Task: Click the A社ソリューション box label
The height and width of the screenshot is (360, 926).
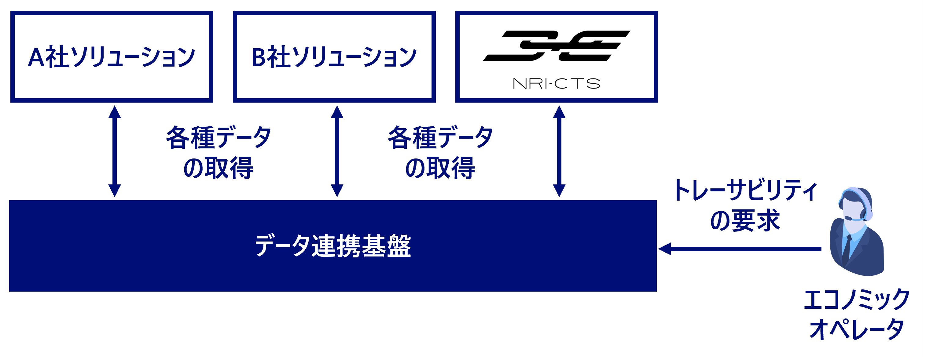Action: (112, 57)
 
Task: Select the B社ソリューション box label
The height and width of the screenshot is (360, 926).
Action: (334, 57)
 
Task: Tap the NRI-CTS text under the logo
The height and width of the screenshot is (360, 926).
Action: (556, 84)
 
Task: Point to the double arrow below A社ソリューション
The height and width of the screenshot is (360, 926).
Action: (115, 151)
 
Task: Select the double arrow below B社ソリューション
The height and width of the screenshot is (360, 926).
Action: (337, 151)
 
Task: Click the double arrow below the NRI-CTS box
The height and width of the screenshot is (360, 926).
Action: (559, 151)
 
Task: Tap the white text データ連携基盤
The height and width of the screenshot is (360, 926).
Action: (333, 246)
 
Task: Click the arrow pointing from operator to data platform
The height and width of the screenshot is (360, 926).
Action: (740, 249)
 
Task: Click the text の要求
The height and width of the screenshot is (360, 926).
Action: (745, 220)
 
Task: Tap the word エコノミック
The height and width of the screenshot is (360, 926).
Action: (857, 300)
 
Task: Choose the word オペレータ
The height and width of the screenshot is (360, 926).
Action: (857, 329)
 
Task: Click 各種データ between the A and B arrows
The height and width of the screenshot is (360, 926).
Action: (219, 138)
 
